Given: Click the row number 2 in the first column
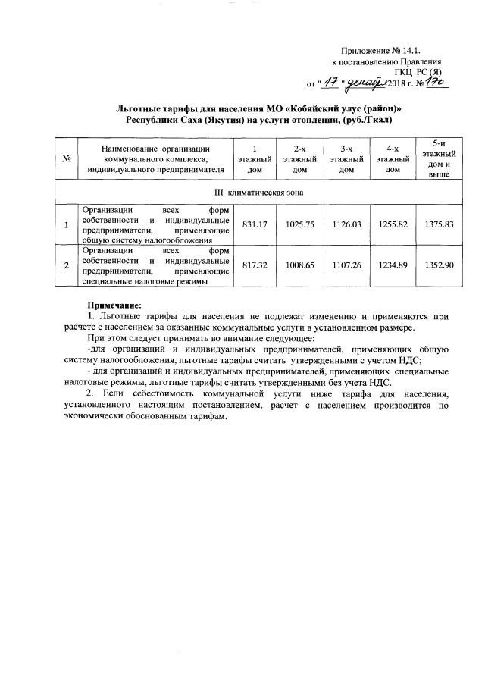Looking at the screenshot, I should [67, 265].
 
